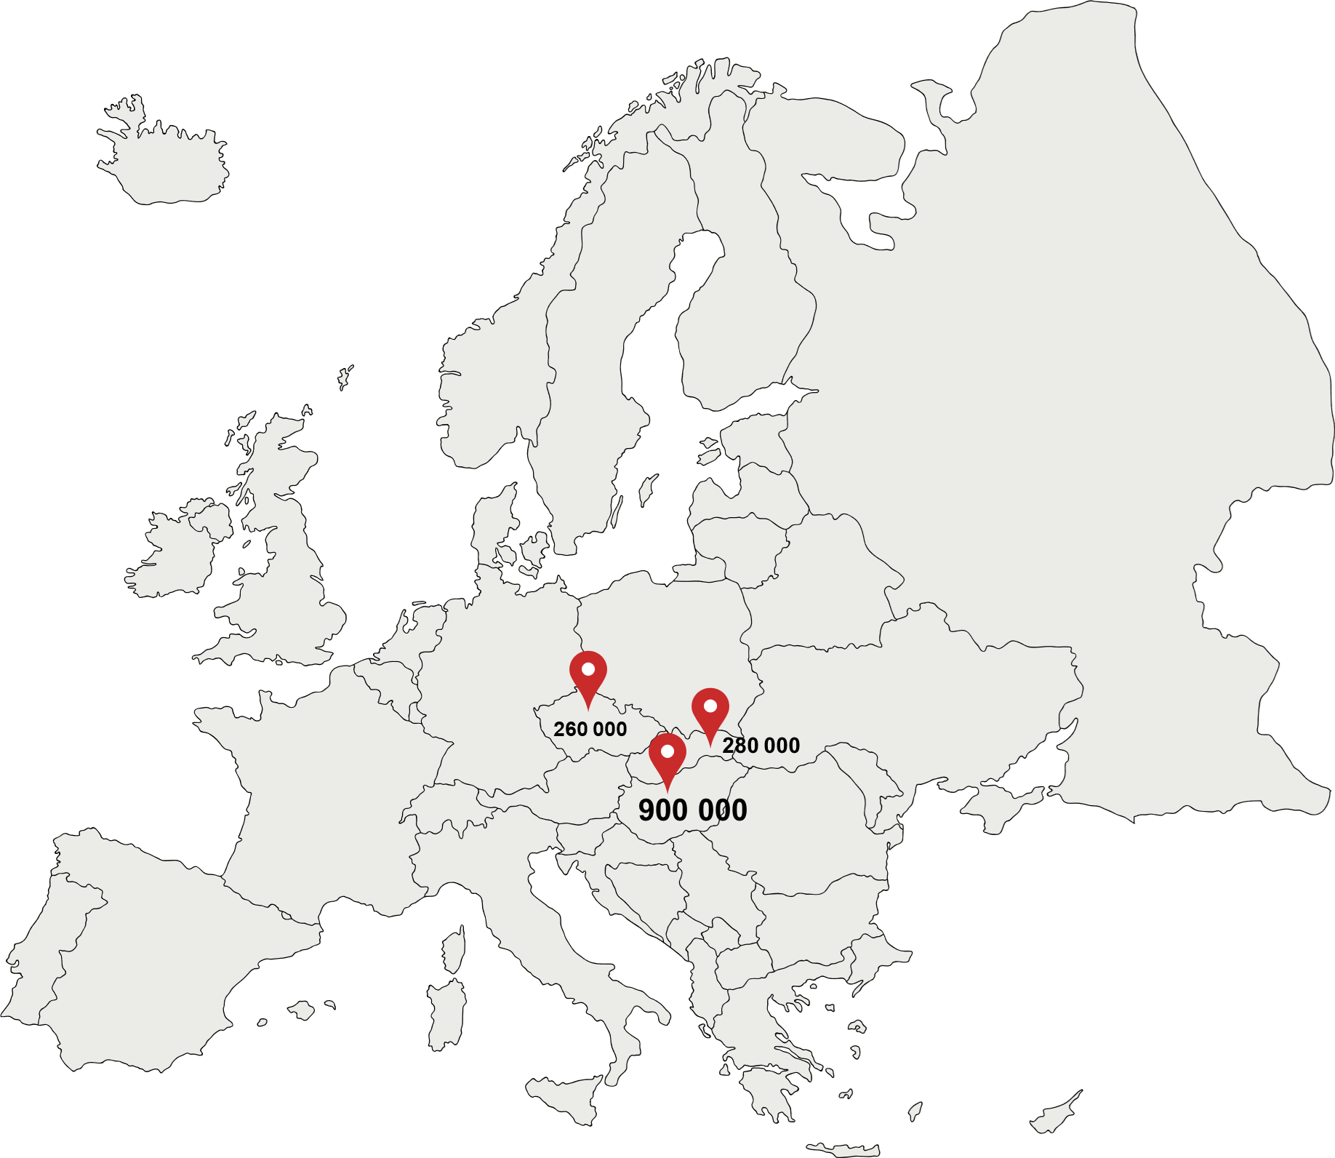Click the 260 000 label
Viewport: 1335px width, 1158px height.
point(590,729)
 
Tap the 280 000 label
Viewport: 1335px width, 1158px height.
point(761,745)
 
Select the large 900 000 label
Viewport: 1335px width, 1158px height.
point(692,810)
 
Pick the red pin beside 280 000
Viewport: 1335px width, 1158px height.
point(710,711)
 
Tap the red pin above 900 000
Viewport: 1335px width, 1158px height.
point(667,756)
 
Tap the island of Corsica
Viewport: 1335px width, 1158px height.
point(453,950)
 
